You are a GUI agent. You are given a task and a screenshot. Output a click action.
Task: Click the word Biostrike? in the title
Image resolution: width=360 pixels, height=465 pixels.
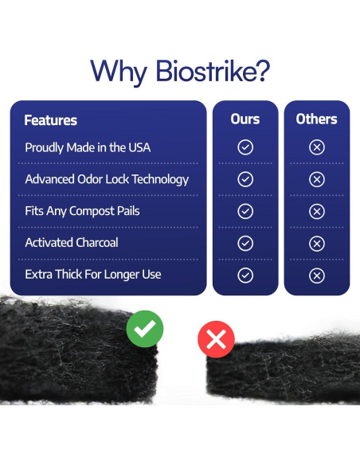point(208,72)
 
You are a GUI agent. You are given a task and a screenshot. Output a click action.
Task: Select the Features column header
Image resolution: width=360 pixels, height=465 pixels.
point(50,120)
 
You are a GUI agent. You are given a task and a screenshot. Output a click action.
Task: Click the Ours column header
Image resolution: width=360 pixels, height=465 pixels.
point(245,119)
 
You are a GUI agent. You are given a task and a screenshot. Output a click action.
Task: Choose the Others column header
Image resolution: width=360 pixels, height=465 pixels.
point(316,119)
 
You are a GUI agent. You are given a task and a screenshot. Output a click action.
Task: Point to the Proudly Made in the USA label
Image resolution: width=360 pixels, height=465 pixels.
point(87,147)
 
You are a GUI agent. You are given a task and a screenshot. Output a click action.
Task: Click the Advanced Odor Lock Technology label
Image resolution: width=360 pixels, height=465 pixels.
point(107,179)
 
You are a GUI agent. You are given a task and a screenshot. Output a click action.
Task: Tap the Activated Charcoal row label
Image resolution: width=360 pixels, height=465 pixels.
point(72,243)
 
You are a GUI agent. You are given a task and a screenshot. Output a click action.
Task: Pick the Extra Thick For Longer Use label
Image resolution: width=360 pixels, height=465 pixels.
point(93,275)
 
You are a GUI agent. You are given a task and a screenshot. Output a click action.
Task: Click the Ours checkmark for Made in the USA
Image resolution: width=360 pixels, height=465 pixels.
point(245,147)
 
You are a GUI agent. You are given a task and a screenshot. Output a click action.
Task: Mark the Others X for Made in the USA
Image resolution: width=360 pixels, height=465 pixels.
point(316,147)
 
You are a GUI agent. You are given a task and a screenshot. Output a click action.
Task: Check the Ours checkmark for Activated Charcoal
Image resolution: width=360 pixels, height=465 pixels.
point(245,244)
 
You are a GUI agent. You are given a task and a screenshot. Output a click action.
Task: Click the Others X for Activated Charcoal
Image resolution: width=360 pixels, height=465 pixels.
point(316,244)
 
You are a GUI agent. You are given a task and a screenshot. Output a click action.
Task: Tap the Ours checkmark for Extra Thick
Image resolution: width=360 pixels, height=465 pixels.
point(245,275)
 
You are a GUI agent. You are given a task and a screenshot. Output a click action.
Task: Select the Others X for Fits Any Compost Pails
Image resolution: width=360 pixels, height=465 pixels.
point(316,212)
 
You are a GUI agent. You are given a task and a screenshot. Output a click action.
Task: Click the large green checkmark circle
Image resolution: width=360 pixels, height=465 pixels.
point(144,328)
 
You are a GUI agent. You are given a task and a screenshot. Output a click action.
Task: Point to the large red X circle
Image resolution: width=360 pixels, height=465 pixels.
point(216,340)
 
